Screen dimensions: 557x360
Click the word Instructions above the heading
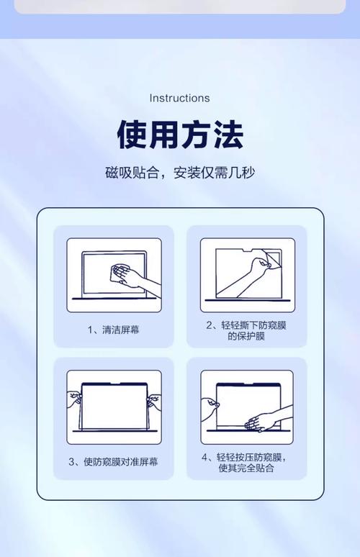179,98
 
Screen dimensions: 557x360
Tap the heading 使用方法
180,135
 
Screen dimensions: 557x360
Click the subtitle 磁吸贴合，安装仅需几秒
180,173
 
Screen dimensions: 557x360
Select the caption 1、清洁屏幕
114,330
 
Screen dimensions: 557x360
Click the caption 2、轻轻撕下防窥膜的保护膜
246,330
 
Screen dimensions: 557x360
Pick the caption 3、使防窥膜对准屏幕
114,461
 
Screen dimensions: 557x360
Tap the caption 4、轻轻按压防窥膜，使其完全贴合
246,462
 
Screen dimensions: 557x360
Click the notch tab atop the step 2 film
246,249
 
